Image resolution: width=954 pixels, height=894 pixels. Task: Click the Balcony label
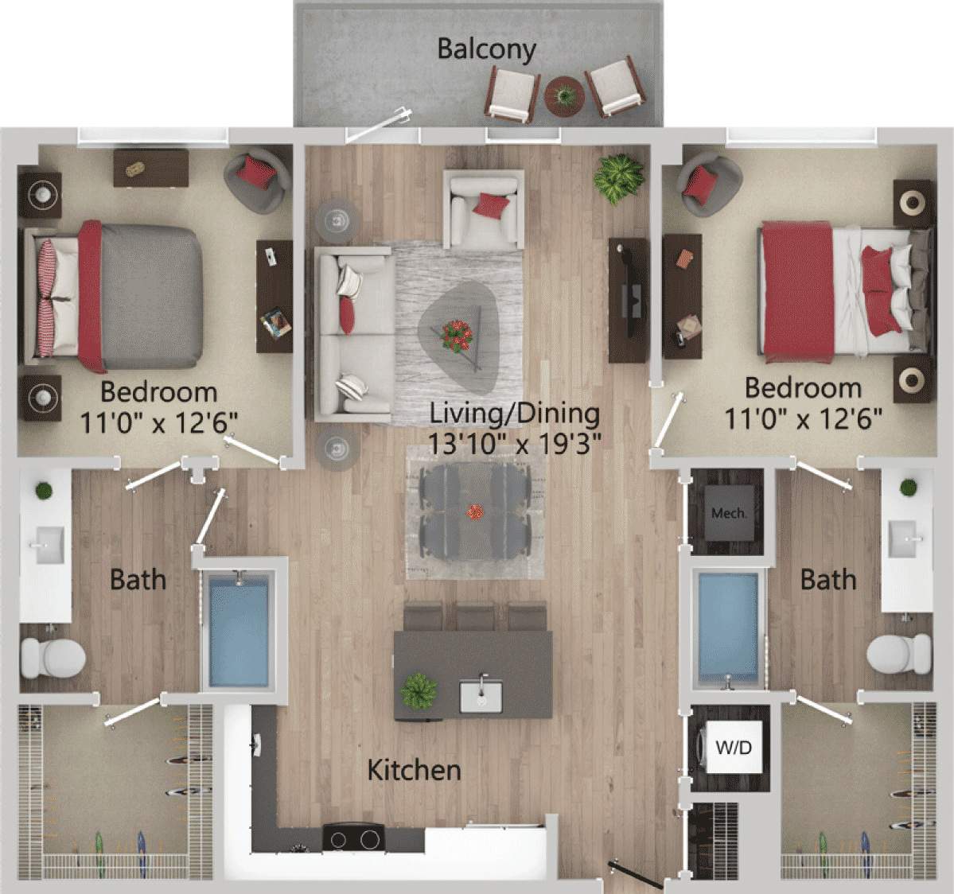tap(486, 49)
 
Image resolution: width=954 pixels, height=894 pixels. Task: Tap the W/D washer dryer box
tap(733, 747)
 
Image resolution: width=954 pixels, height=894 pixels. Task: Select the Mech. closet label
tap(728, 513)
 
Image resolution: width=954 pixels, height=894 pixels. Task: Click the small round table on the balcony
tap(564, 96)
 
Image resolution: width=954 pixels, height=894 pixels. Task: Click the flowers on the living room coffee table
tap(457, 334)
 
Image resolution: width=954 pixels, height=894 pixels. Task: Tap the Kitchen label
tap(414, 769)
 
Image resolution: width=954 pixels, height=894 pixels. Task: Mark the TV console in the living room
tap(629, 300)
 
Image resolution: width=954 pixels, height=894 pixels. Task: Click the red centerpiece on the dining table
tap(476, 512)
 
